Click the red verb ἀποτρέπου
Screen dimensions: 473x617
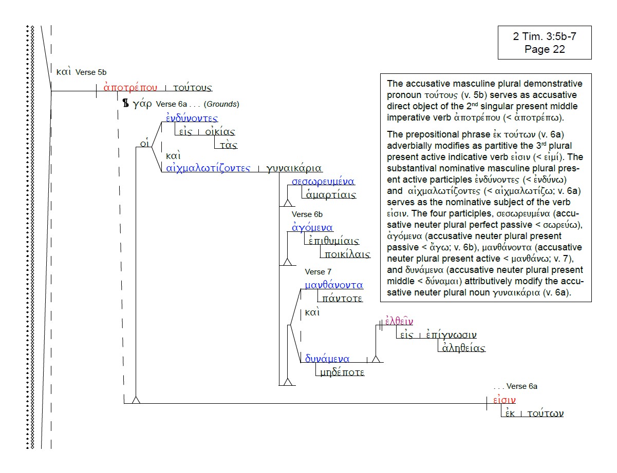(x=130, y=87)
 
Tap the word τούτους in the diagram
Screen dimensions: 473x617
(x=192, y=88)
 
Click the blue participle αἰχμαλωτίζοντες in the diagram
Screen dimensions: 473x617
(x=209, y=168)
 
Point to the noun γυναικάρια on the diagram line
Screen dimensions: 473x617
(x=294, y=168)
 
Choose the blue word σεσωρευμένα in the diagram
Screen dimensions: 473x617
(x=323, y=182)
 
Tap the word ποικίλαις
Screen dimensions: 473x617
(x=346, y=254)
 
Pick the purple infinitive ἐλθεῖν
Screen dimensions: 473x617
(x=399, y=322)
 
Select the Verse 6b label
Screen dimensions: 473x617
(x=307, y=214)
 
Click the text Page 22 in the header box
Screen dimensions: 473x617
(x=545, y=49)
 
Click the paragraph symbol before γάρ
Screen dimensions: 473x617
(x=125, y=104)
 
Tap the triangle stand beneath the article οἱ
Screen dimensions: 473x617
(x=136, y=400)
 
